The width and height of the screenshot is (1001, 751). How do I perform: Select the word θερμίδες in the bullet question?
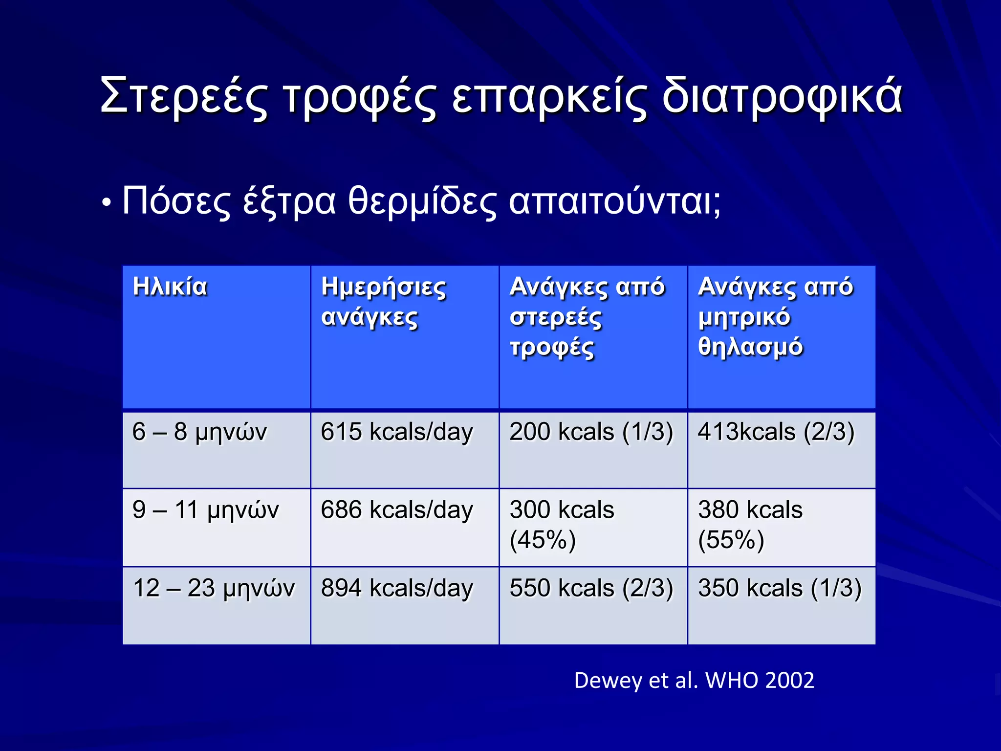422,201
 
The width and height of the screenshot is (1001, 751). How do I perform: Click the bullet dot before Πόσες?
106,202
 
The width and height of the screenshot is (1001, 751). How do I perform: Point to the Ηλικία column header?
170,287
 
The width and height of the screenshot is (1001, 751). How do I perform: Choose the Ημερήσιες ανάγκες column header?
383,302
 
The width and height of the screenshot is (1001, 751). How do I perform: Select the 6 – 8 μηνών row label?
199,432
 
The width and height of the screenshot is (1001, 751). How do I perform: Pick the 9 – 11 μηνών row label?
205,510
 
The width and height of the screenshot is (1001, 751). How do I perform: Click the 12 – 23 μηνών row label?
214,588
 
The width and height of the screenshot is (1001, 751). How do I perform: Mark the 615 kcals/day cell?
397,432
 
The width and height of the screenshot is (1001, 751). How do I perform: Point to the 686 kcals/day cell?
397,510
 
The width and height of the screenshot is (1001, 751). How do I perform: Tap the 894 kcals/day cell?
397,588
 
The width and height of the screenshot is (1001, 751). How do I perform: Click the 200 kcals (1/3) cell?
591,432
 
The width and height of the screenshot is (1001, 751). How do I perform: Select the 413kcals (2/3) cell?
776,432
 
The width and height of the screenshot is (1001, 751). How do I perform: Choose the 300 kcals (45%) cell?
562,525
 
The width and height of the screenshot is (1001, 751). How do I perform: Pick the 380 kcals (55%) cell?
750,525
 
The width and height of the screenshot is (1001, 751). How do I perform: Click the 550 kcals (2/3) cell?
591,588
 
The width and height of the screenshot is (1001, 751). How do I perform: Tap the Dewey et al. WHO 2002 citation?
694,680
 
